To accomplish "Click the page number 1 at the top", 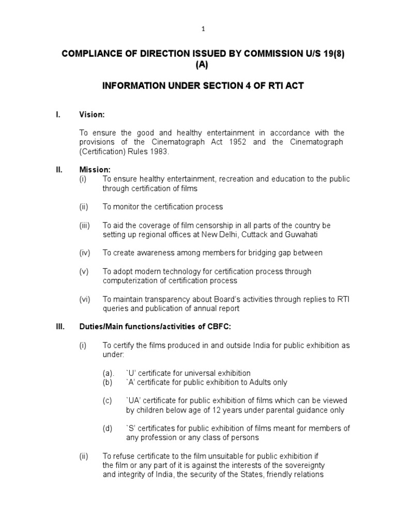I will [x=204, y=29].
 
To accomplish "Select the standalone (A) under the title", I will [x=203, y=65].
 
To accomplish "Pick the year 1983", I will [x=158, y=151].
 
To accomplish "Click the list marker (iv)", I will [x=85, y=253].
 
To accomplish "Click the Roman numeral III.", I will [x=59, y=327].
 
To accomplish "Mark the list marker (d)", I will [x=108, y=429].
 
